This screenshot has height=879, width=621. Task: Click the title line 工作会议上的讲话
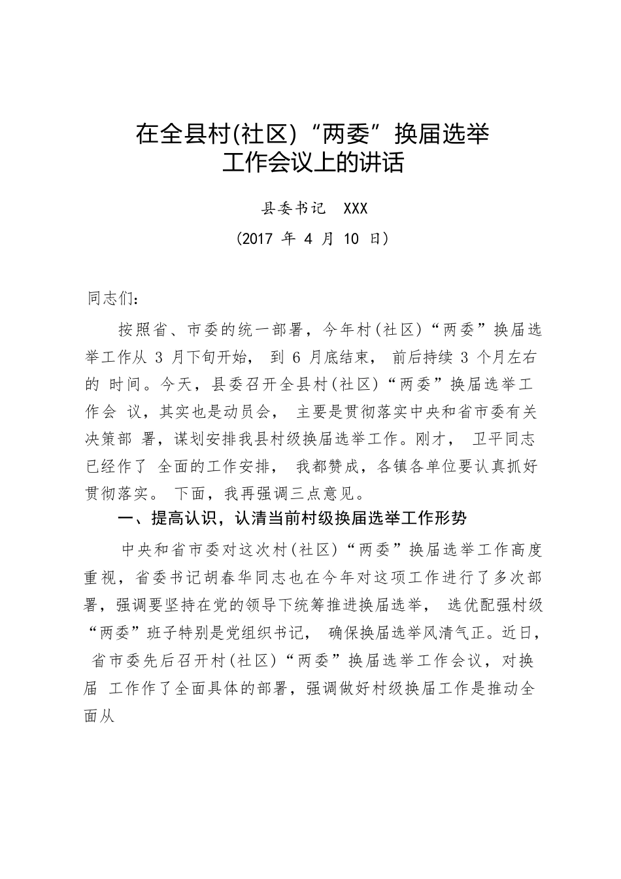[x=312, y=163]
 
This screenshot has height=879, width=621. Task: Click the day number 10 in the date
[x=351, y=239]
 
